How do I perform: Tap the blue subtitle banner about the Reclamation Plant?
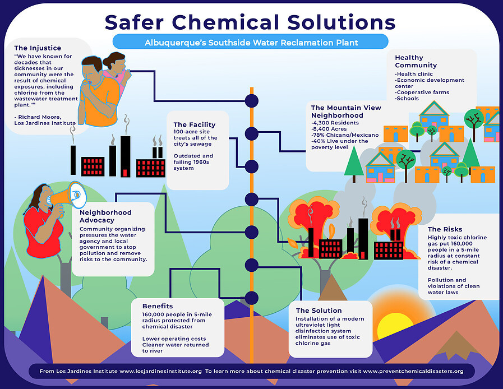pos(250,42)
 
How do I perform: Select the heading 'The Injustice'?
pos(38,48)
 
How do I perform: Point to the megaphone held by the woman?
pos(70,194)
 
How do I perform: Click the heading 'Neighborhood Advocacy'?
pos(105,216)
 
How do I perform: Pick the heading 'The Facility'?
pos(194,124)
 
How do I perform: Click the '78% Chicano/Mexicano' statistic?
pos(346,135)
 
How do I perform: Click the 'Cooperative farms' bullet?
pos(423,92)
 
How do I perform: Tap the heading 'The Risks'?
pos(445,229)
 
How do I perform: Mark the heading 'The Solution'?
pos(326,310)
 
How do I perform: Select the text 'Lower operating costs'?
pos(174,339)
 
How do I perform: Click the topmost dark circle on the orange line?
pos(252,100)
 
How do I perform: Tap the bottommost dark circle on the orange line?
pos(252,297)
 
